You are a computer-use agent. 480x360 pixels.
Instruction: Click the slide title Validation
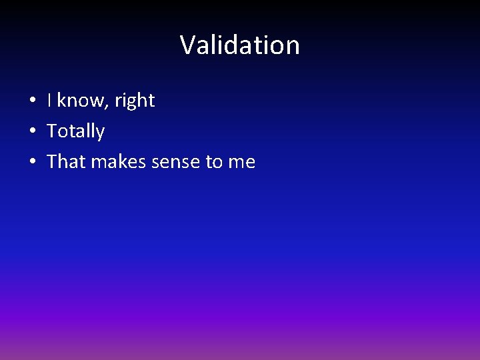click(240, 45)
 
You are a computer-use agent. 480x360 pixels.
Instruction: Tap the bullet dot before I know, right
click(32, 101)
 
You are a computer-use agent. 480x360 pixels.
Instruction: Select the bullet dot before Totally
click(32, 132)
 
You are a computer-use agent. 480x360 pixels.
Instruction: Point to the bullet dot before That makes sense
click(32, 163)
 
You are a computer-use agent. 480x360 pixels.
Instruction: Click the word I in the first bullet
click(50, 101)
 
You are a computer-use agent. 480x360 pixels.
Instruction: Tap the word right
click(135, 101)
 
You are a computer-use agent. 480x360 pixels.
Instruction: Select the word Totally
click(76, 132)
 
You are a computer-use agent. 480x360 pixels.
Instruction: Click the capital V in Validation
click(188, 45)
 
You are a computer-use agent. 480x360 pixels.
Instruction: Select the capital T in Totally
click(53, 131)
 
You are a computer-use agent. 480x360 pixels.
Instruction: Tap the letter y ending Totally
click(100, 134)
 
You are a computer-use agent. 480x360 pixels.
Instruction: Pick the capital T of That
click(53, 162)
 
